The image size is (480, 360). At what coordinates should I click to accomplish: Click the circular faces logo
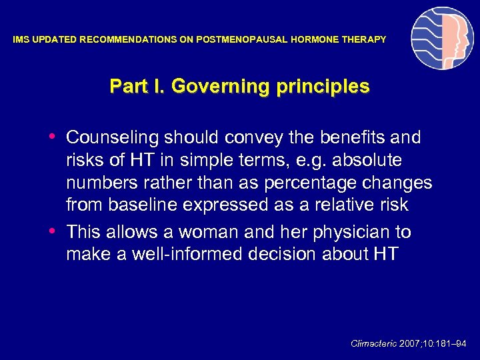442,39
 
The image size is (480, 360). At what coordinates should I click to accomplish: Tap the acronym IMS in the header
22,40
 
